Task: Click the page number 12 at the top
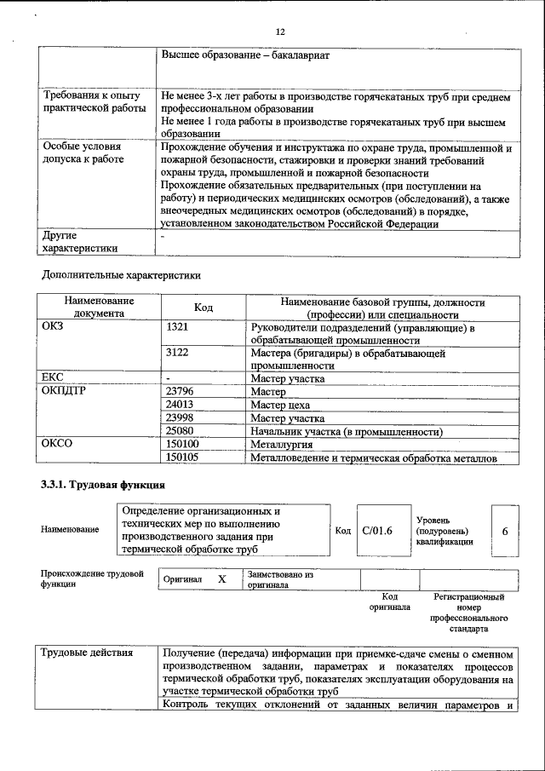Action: [279, 32]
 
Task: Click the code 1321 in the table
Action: [176, 327]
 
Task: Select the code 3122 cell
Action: [176, 352]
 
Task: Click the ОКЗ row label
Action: [54, 327]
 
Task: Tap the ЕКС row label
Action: [53, 377]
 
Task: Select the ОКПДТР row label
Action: [63, 391]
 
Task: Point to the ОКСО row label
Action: [57, 444]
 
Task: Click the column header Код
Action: [204, 308]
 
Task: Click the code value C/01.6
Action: [376, 531]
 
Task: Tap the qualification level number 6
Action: [505, 531]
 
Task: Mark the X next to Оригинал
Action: [221, 579]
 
